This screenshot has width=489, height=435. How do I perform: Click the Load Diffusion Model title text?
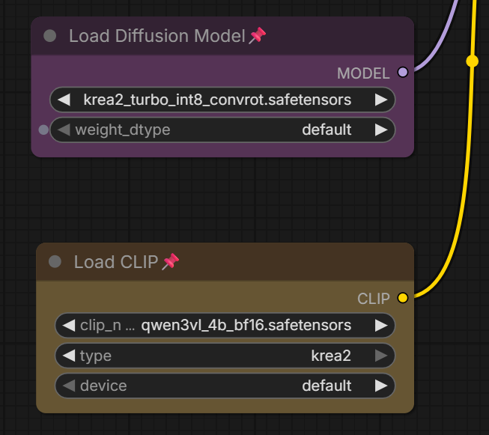pos(157,36)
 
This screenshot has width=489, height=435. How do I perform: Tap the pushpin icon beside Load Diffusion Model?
pos(258,35)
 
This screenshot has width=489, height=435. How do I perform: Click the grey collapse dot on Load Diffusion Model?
pos(50,36)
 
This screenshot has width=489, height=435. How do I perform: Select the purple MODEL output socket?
pos(403,73)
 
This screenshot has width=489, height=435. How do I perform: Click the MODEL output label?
pos(363,73)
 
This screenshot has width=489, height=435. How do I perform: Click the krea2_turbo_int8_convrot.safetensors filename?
pos(217,100)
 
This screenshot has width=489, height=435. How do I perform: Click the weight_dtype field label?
pos(123,130)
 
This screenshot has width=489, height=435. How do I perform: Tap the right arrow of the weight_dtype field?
pos(381,130)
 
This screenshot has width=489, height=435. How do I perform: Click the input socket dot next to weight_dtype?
pos(43,130)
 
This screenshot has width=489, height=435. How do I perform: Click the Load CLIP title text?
pos(116,262)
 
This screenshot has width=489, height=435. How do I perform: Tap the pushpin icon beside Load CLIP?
pos(171,261)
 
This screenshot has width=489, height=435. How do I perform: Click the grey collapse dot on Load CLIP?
pos(55,261)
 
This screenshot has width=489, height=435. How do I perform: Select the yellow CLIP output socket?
pos(403,298)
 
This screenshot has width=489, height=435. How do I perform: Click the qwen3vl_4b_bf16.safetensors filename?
pos(246,325)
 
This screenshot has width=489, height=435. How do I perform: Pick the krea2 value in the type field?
pos(331,356)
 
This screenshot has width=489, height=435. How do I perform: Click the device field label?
pos(103,386)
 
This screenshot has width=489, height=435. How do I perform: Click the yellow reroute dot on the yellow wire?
pos(473,61)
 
